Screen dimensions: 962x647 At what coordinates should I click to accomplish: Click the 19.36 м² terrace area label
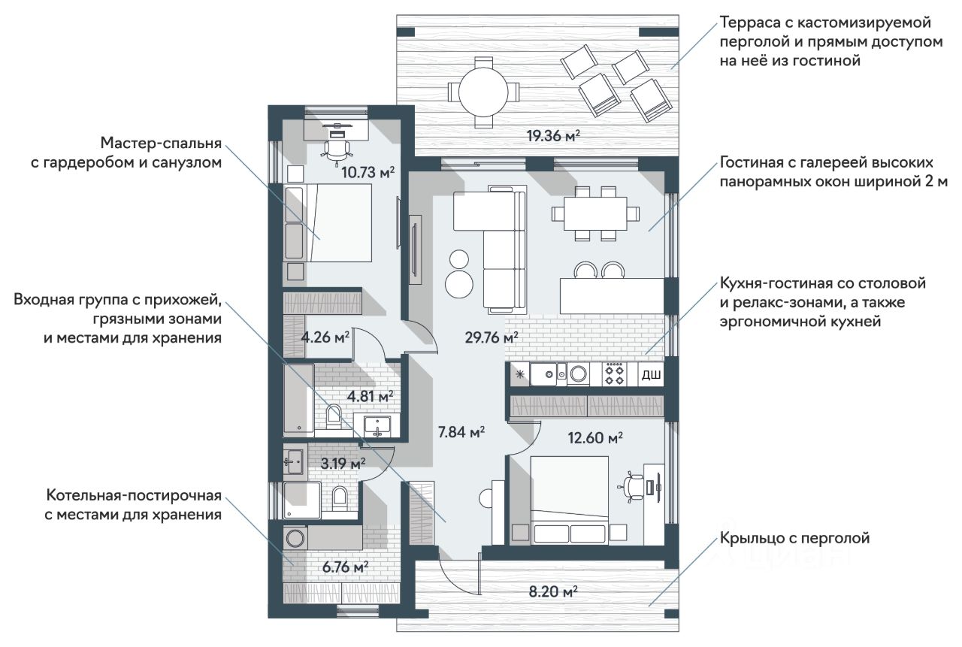click(554, 136)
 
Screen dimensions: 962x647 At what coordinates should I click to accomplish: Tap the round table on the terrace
click(483, 92)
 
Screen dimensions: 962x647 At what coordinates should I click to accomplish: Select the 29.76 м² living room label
click(492, 337)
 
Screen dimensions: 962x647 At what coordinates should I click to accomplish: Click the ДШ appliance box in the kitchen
click(651, 375)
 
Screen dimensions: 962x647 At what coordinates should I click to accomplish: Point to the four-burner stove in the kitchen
click(614, 374)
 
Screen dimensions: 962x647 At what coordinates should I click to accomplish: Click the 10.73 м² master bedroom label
click(368, 173)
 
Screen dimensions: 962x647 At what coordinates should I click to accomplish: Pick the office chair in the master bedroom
click(336, 150)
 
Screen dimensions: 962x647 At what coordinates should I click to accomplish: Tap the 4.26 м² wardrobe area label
click(325, 337)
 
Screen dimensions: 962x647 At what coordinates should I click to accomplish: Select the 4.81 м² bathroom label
click(371, 396)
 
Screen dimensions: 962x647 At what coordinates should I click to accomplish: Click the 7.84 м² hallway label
click(461, 432)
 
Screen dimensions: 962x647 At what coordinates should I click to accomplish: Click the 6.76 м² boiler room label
click(345, 567)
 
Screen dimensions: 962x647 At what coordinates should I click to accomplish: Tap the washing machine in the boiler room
click(295, 537)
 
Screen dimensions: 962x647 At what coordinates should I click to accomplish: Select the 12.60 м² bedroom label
click(595, 438)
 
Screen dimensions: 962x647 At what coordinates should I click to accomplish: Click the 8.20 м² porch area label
click(553, 591)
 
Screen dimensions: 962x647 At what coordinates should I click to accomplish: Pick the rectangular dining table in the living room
click(595, 213)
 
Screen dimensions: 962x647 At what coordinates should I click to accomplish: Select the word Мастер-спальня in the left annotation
click(161, 144)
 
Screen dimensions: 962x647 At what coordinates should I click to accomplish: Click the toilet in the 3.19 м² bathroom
click(339, 498)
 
